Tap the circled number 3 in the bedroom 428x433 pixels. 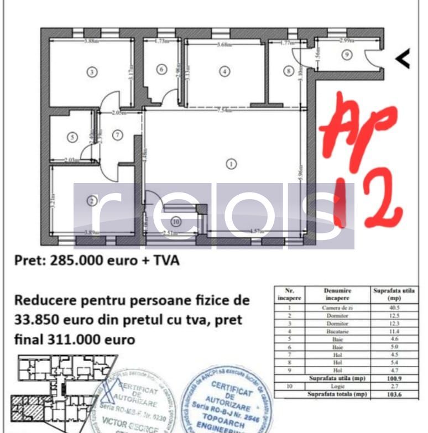[x=92, y=71]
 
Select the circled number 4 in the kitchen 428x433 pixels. [x=224, y=71]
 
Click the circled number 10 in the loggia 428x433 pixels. [x=176, y=222]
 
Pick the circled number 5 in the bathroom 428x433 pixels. [x=71, y=138]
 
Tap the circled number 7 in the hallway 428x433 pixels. [x=117, y=134]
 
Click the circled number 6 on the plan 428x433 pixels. [x=161, y=70]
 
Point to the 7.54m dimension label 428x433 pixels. [x=223, y=111]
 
